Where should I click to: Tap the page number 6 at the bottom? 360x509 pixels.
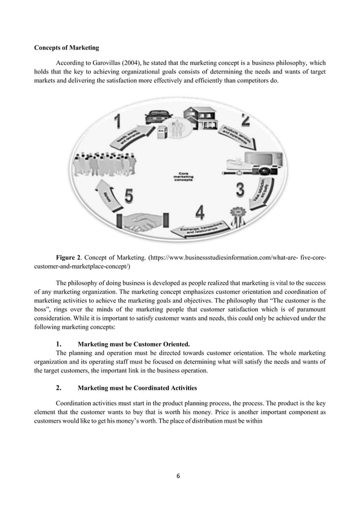point(179,475)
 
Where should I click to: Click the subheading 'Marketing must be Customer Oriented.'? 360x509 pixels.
point(134,344)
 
